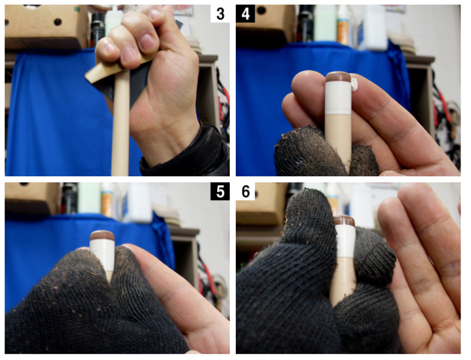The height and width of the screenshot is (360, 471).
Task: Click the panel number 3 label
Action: click(x=220, y=14)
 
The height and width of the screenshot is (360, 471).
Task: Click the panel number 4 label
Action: click(x=246, y=14)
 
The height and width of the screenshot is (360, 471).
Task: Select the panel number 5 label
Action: click(x=220, y=192)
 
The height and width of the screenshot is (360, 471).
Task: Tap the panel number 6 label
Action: click(x=246, y=192)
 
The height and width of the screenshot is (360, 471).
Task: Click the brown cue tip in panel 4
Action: click(x=339, y=77)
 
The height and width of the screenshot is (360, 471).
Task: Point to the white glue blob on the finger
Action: click(x=354, y=84)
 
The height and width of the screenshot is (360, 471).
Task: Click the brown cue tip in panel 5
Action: click(x=103, y=235)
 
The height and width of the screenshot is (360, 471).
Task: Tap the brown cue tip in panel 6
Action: click(x=345, y=221)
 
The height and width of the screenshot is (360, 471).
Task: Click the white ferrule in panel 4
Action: click(x=339, y=98)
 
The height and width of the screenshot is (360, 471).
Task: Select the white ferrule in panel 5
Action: click(x=103, y=255)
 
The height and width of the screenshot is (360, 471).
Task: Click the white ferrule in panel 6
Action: click(x=345, y=242)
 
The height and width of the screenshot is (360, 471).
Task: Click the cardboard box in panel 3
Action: click(x=45, y=26)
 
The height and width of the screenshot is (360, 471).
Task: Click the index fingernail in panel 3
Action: click(x=148, y=43)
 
